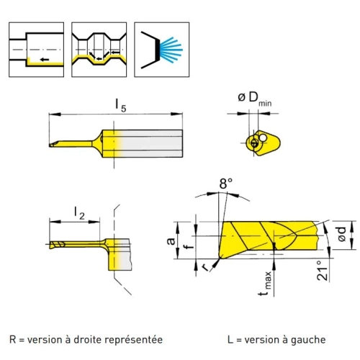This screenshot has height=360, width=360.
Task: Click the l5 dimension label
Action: pos(120,106)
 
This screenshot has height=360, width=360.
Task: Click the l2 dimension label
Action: pos(79,213)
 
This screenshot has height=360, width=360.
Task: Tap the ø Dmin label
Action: pos(255,99)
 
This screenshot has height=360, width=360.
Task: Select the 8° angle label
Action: pos(226,184)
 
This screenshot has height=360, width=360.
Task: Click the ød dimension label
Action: pos(341,234)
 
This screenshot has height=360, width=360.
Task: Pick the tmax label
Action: pos(266,284)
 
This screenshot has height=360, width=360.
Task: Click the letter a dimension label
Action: pos(171,240)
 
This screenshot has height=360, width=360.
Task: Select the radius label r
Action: pos(205,267)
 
